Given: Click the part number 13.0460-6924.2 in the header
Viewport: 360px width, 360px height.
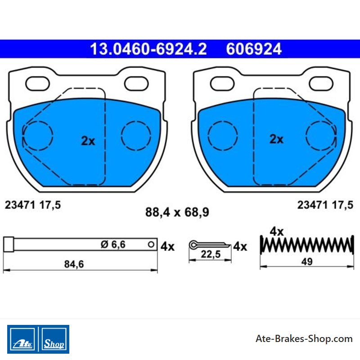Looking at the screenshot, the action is click(148, 49).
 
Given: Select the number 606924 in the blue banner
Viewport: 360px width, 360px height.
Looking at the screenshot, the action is click(254, 49).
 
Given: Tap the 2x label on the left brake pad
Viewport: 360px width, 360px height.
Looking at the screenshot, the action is click(88, 141).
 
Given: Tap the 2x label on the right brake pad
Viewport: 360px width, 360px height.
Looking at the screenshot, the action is click(276, 139).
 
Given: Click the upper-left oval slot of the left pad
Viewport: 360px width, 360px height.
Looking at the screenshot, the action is click(37, 84).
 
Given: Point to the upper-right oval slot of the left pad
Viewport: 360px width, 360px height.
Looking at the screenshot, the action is click(136, 84).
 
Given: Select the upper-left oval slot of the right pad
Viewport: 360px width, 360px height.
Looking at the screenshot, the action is click(222, 84).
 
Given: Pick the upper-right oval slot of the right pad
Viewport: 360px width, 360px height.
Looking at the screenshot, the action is click(321, 84).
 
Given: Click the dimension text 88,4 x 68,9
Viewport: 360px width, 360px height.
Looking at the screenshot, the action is click(177, 212).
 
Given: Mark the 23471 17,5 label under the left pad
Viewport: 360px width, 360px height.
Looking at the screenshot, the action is click(33, 205).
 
